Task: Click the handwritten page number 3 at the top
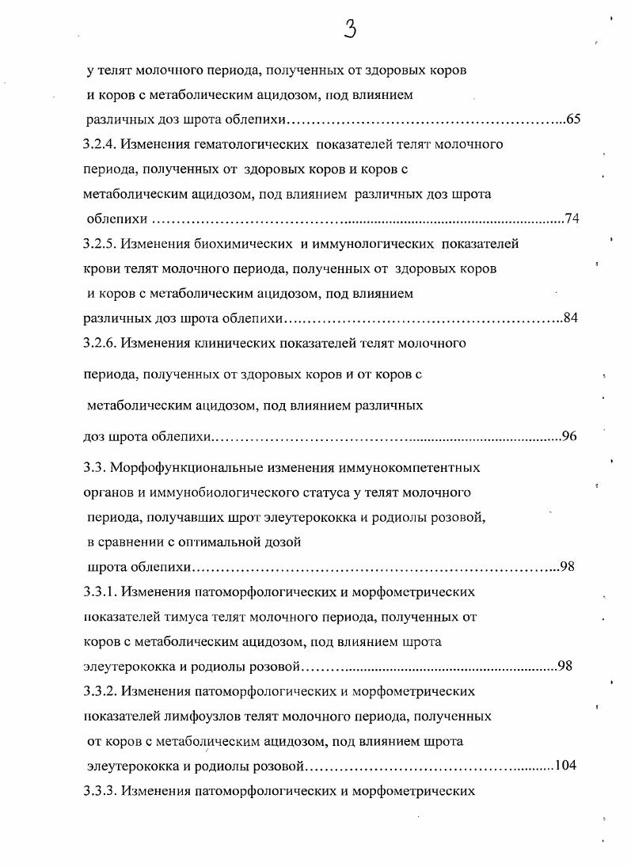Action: pos(351,30)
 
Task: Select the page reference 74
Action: pos(572,219)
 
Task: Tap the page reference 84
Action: pos(572,319)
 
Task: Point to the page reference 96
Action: pos(568,436)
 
